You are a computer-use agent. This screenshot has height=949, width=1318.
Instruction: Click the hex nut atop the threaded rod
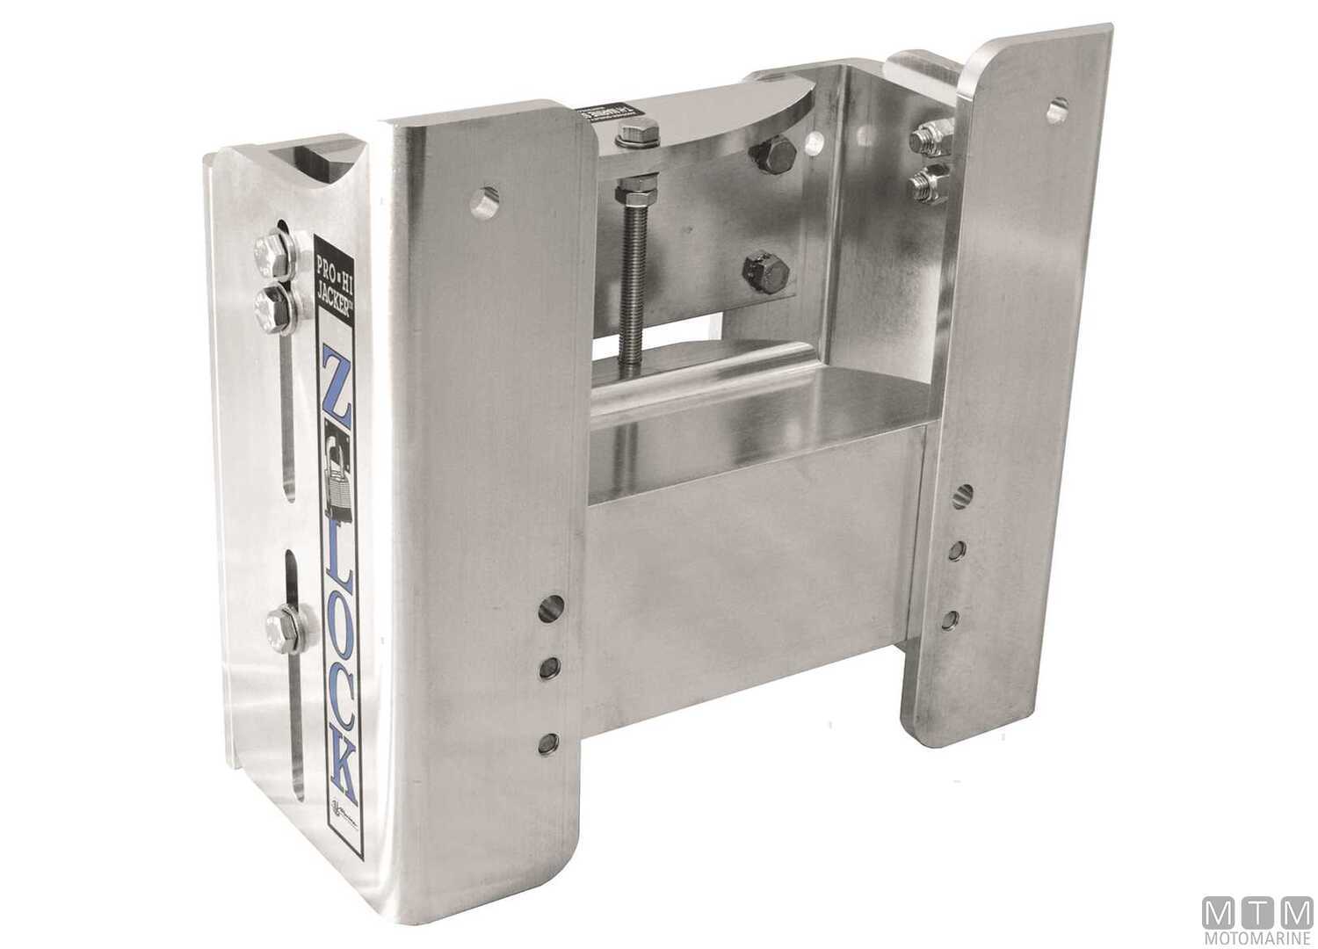[x=632, y=136]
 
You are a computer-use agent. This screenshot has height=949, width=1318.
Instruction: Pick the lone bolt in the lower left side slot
[x=283, y=626]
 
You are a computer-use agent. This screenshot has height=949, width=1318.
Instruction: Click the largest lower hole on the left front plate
[x=553, y=605]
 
